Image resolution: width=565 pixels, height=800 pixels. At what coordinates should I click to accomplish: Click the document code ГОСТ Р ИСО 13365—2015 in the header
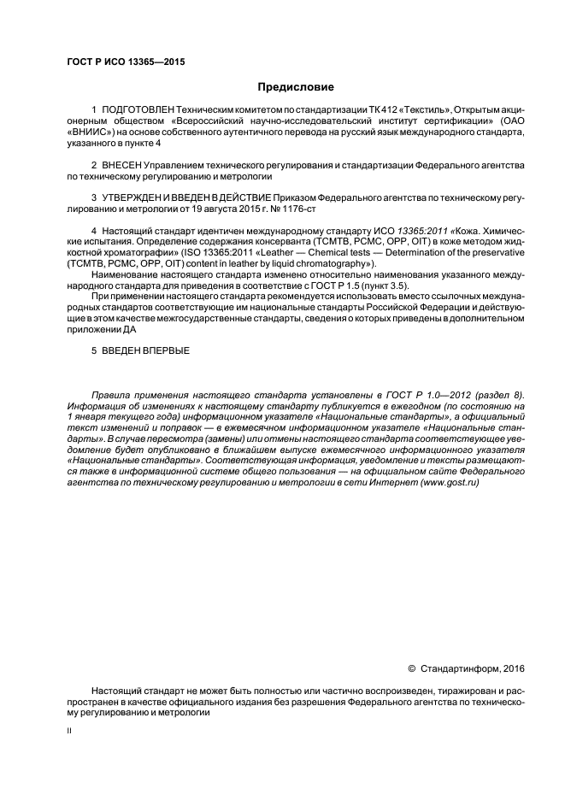pos(126,62)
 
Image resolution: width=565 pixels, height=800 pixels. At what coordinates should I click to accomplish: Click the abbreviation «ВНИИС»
pos(89,133)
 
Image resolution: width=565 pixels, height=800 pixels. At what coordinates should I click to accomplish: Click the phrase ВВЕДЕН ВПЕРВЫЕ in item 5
pos(146,350)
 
